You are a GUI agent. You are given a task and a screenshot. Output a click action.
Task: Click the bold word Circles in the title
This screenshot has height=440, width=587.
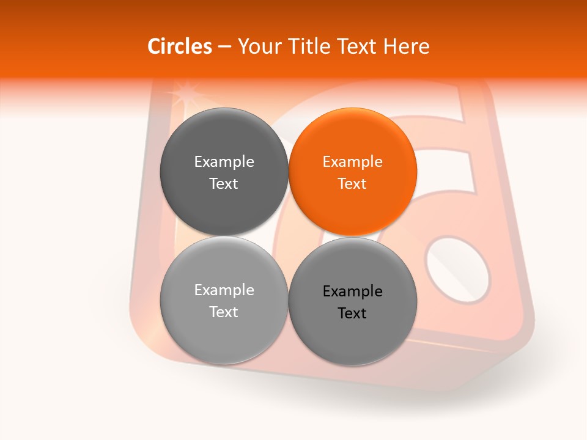[180, 46]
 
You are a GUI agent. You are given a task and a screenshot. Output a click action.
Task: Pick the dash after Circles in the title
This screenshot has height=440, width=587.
[224, 47]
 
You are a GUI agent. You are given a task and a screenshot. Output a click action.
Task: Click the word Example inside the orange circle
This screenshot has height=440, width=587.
[352, 162]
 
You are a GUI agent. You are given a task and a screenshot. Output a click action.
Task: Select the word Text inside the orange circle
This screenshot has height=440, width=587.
[352, 184]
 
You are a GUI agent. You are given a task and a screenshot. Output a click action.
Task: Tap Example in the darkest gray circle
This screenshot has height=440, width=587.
[224, 162]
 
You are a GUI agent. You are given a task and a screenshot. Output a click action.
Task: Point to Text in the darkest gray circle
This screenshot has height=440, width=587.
[224, 184]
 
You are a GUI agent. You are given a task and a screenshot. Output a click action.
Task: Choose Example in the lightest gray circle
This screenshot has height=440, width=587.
[224, 290]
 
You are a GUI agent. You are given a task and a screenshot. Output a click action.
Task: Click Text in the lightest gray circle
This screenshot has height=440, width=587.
[224, 312]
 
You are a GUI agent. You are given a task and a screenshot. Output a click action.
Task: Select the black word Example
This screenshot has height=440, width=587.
[352, 291]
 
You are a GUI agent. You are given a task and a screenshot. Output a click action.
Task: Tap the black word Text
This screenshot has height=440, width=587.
[352, 313]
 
